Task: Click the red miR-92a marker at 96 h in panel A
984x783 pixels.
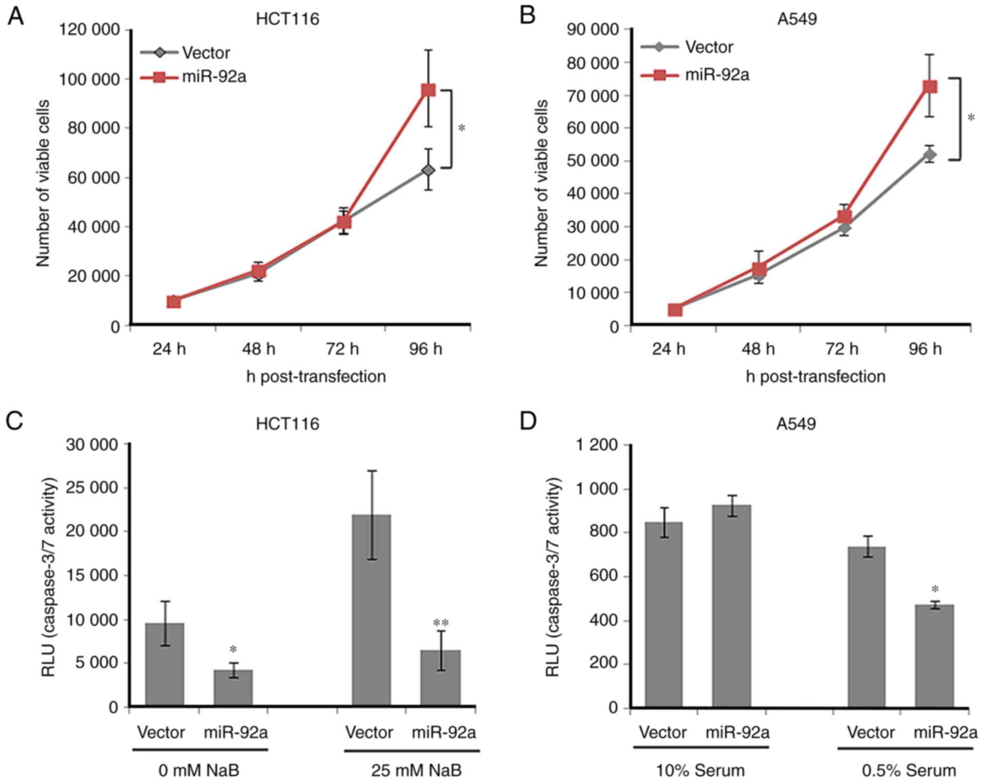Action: pyautogui.click(x=428, y=90)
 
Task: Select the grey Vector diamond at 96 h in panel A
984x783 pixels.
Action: pyautogui.click(x=428, y=170)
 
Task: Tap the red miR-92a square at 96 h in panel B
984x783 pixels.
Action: pyautogui.click(x=929, y=86)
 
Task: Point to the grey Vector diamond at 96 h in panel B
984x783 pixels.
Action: pyautogui.click(x=929, y=154)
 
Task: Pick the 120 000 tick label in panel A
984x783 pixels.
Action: pyautogui.click(x=90, y=30)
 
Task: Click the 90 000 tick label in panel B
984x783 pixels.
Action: pyautogui.click(x=594, y=30)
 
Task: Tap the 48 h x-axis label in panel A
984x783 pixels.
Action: pyautogui.click(x=258, y=350)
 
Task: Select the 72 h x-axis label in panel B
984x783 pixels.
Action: pyautogui.click(x=842, y=350)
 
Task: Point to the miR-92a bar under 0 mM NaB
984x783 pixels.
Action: pyautogui.click(x=233, y=687)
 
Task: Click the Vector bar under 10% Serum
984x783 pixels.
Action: pyautogui.click(x=664, y=614)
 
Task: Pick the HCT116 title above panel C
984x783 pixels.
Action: pyautogui.click(x=288, y=424)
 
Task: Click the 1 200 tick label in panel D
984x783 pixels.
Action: pyautogui.click(x=597, y=445)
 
